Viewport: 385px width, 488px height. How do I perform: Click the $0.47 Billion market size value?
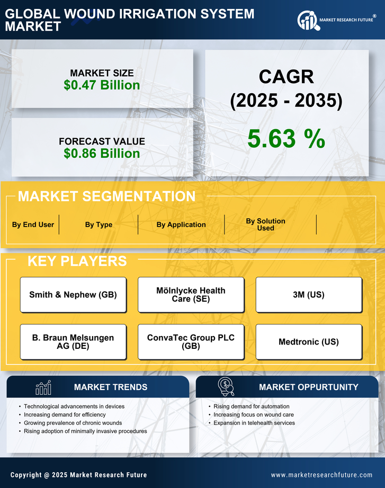tap(102, 85)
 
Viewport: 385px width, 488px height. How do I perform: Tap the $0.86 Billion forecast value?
tap(102, 153)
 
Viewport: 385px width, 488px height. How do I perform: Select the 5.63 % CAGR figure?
tap(286, 139)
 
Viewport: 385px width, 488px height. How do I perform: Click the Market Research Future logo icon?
tap(308, 20)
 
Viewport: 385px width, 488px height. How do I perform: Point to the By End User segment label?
tap(33, 224)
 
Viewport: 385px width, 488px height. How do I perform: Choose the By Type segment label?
tap(99, 224)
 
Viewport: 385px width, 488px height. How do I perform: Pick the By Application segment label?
tap(181, 224)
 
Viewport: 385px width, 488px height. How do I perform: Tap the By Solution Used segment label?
tap(265, 224)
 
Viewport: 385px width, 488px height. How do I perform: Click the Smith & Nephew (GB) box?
tap(73, 295)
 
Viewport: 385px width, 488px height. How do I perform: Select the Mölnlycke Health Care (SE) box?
tap(191, 295)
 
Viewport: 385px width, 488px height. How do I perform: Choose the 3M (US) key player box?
tap(309, 295)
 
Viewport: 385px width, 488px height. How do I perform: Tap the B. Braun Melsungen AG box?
tap(73, 342)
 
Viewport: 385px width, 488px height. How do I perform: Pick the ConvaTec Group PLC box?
tap(191, 342)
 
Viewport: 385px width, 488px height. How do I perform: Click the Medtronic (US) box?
tap(309, 342)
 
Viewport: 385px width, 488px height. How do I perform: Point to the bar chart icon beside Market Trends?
tap(43, 387)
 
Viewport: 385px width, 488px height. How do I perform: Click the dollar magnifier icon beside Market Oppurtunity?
tap(226, 386)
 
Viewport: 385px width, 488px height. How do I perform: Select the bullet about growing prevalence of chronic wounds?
tap(73, 423)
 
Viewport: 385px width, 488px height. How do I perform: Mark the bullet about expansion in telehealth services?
tap(254, 423)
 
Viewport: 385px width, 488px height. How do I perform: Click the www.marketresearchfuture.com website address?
tap(321, 475)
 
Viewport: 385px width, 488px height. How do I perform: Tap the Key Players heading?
tap(77, 261)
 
